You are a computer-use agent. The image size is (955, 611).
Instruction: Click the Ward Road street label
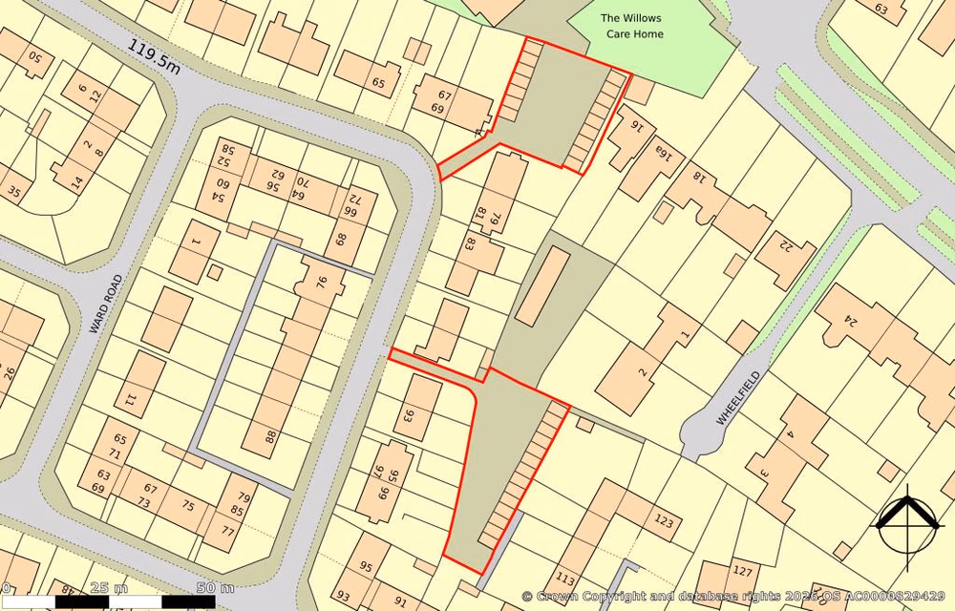tap(107, 304)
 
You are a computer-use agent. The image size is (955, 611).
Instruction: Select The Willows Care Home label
tap(630, 26)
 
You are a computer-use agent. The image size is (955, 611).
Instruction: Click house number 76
tap(322, 282)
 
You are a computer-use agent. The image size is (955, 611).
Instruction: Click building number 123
tap(663, 521)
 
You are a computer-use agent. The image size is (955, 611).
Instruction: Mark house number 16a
tap(663, 153)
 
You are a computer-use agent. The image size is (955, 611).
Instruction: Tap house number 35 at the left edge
tap(13, 192)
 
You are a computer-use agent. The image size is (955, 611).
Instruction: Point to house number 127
tap(742, 571)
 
